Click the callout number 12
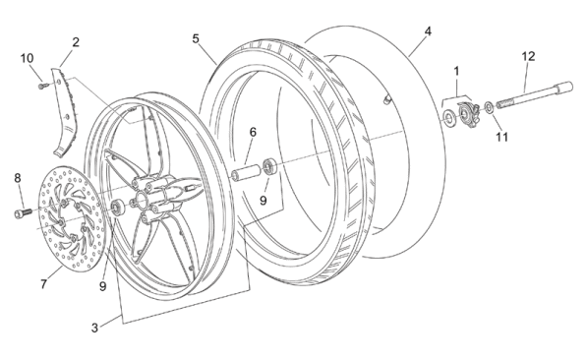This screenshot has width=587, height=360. point(528,57)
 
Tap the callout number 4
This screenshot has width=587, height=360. point(428,31)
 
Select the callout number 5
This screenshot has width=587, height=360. point(196,38)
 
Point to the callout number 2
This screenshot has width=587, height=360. point(76,42)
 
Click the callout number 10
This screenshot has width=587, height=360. point(27,58)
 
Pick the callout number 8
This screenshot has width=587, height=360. point(18,178)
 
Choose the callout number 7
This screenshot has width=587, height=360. point(44,284)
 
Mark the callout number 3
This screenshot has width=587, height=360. point(94,328)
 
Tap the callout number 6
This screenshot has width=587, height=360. point(253,132)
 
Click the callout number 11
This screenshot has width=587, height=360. point(502,137)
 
